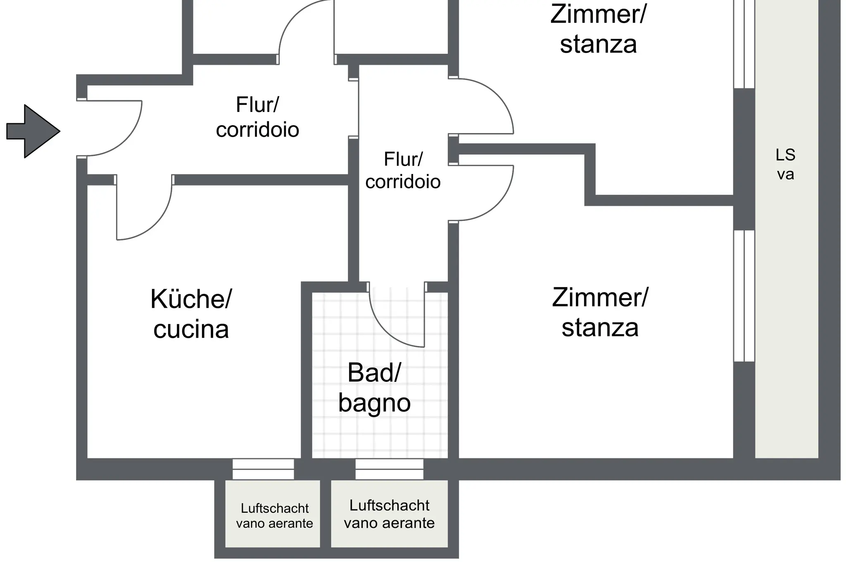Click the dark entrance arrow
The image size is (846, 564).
33,131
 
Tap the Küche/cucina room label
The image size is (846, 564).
191,314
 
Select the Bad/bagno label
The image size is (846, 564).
374,388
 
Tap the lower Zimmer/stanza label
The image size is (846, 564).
600,312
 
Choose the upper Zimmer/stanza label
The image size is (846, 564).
598,29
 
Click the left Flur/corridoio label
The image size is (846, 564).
257,117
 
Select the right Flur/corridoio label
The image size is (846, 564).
403,171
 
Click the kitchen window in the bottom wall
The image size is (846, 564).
263,469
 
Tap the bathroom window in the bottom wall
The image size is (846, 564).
389,469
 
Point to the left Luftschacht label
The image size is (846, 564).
275,516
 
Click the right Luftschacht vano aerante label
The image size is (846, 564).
389,514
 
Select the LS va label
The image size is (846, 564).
785,164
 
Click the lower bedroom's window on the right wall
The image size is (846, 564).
744,296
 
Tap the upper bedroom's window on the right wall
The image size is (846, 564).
744,44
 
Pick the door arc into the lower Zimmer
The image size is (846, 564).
498,205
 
